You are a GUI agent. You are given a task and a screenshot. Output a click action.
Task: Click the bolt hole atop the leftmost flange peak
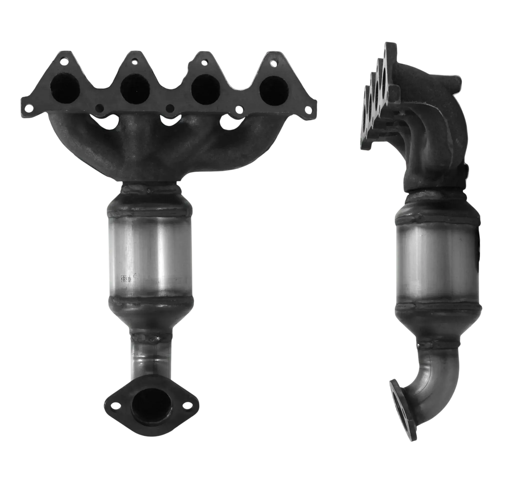(x=63, y=61)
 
